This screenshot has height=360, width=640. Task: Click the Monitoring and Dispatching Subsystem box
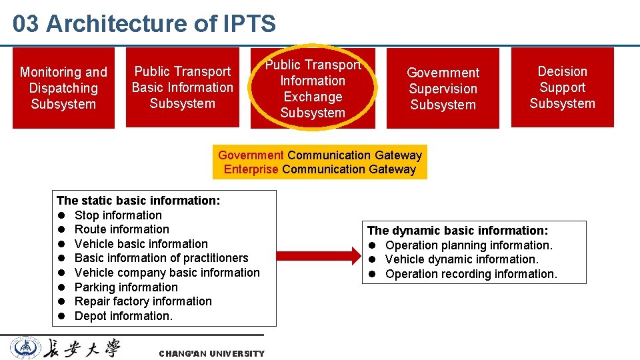[63, 87]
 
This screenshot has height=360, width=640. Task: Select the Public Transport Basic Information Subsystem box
[182, 87]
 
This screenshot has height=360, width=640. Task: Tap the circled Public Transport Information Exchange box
[313, 89]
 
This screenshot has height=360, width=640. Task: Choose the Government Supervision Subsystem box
[443, 88]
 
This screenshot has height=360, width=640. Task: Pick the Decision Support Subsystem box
[562, 87]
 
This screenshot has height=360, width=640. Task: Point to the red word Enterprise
[251, 169]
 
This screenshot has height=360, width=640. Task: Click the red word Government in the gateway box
[251, 155]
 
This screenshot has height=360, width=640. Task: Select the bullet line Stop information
[118, 215]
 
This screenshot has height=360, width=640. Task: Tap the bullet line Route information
[121, 229]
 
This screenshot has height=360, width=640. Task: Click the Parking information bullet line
[126, 287]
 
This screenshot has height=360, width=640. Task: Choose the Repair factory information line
[143, 301]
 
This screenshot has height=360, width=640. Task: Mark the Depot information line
[123, 316]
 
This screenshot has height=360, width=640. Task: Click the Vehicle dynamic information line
[461, 259]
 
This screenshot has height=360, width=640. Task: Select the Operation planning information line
[469, 245]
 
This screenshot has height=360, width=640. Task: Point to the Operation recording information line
[471, 274]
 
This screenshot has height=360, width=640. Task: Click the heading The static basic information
[139, 201]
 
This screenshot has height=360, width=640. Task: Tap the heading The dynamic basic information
[457, 231]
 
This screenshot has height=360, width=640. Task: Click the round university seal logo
[25, 348]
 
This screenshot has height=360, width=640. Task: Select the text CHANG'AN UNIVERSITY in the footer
[211, 353]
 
